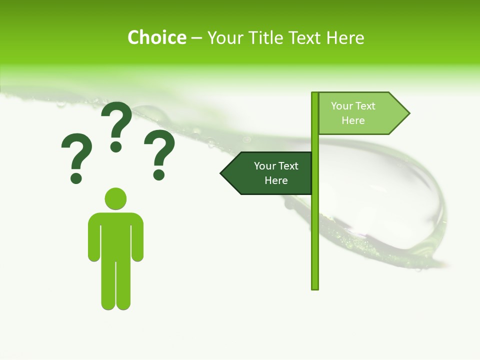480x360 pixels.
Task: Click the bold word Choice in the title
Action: tap(156, 37)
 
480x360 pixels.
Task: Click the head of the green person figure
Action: tap(115, 198)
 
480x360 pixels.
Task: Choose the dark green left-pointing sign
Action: tap(270, 173)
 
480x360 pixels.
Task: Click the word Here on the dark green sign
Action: tap(276, 180)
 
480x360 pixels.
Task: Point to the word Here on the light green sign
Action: tap(353, 120)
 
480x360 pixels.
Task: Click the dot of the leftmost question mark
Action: tap(76, 178)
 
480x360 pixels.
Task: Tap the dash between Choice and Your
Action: tap(196, 38)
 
